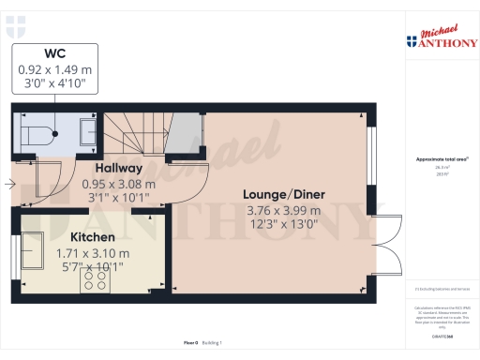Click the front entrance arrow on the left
point(9,185)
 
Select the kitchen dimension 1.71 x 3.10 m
point(93,252)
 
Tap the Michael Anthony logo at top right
point(441,37)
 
